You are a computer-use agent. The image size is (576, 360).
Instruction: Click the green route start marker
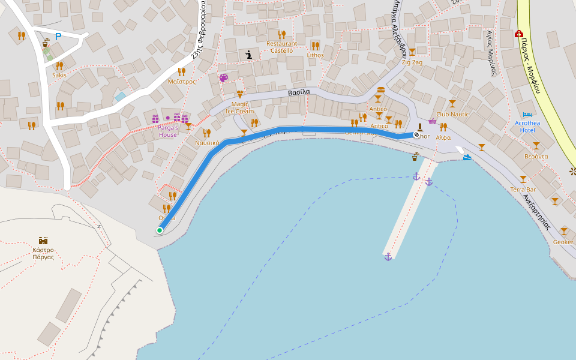tap(160, 230)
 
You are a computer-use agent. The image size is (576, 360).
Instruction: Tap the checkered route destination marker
tap(416, 136)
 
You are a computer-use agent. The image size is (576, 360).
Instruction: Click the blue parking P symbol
tap(58, 37)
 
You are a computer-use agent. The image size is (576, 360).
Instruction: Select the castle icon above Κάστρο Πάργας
tap(43, 241)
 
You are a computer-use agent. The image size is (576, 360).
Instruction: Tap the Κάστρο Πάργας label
tap(43, 253)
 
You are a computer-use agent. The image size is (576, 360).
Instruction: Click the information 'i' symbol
tap(248, 55)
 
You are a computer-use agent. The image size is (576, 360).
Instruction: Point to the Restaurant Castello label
tap(281, 47)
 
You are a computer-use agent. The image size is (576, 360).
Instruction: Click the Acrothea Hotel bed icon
tap(527, 115)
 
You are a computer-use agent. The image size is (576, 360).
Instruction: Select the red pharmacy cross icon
tap(518, 34)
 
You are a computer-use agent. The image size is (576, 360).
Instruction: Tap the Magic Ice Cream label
tap(239, 107)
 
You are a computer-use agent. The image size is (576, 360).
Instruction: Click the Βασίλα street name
tap(298, 92)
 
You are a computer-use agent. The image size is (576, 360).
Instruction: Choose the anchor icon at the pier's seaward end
tap(388, 257)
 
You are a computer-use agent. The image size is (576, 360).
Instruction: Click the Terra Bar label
tap(523, 190)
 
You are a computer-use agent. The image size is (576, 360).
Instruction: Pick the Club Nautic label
tap(452, 114)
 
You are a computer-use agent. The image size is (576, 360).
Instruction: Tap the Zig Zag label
tap(412, 62)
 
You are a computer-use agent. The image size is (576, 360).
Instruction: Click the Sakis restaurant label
tap(59, 75)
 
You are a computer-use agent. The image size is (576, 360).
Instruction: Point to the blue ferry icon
tap(467, 157)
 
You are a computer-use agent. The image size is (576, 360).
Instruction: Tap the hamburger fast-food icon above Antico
tap(380, 90)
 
